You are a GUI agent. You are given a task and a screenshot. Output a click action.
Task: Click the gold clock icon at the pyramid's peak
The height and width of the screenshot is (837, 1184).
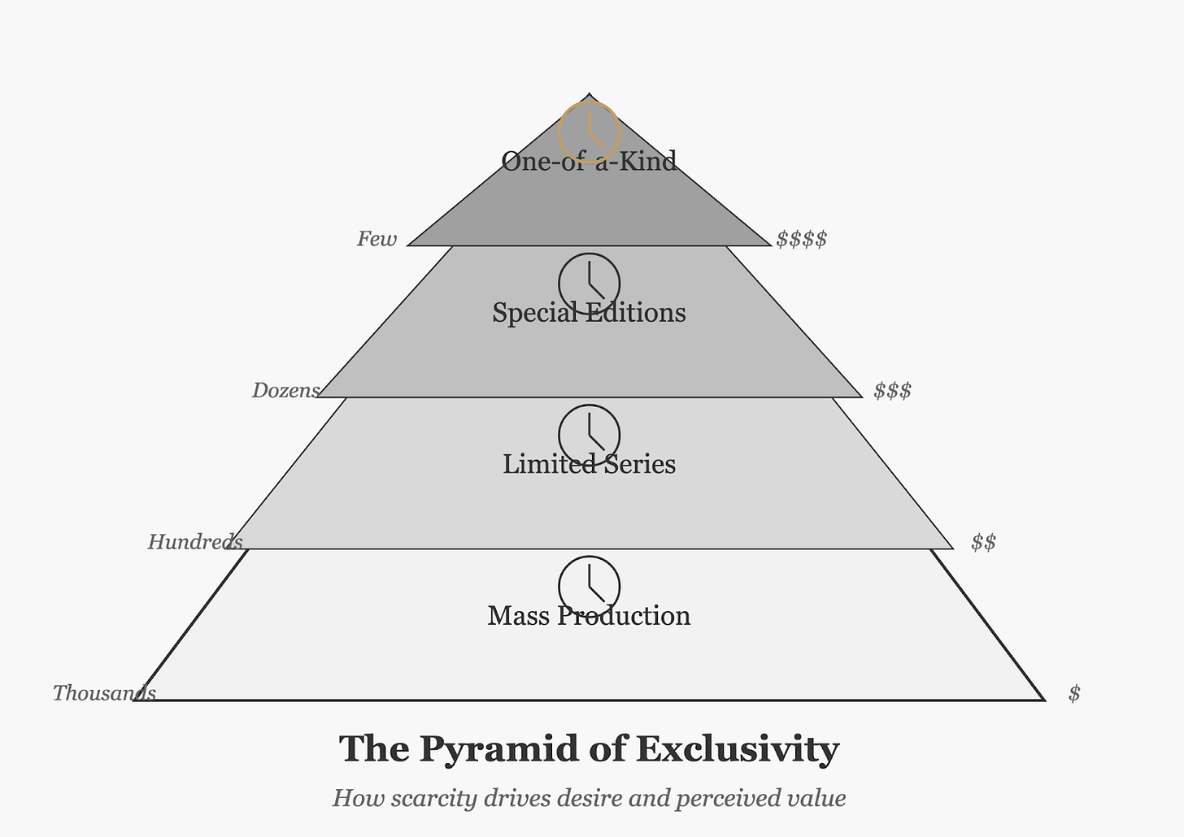(590, 132)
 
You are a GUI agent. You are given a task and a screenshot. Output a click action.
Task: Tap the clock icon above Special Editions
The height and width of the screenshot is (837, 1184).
(590, 284)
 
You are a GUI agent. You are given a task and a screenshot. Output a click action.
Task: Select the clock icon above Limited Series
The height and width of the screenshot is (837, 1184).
(590, 435)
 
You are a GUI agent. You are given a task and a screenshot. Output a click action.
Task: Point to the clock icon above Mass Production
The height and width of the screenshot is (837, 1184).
(590, 586)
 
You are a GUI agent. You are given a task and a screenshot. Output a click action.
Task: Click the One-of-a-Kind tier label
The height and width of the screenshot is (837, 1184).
(589, 161)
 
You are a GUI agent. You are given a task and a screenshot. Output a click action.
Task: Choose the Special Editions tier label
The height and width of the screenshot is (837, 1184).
(589, 313)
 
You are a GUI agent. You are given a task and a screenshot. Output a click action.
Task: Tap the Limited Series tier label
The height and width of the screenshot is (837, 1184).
(589, 464)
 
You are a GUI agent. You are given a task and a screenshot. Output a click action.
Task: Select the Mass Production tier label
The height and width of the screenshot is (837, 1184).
(589, 616)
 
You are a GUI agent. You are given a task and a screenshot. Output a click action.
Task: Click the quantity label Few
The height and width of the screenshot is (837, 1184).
(377, 239)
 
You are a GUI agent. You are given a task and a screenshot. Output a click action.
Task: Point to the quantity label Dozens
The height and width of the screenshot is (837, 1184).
(285, 391)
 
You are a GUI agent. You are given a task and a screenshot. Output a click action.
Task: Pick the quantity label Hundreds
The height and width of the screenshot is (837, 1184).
(195, 542)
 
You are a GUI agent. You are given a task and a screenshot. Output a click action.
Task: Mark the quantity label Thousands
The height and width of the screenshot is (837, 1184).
(104, 693)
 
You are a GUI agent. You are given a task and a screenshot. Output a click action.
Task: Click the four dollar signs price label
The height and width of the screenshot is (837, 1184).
(801, 239)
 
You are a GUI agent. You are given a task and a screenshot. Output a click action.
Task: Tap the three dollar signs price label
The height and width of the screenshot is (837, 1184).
(892, 391)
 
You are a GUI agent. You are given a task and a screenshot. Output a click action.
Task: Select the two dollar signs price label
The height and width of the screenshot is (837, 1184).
(983, 542)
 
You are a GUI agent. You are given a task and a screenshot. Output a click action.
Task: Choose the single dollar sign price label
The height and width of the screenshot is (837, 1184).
(1074, 693)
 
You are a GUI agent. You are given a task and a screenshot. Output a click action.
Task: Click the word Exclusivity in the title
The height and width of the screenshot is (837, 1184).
(737, 749)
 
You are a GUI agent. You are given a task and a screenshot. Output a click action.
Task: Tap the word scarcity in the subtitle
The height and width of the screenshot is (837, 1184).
(433, 798)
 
